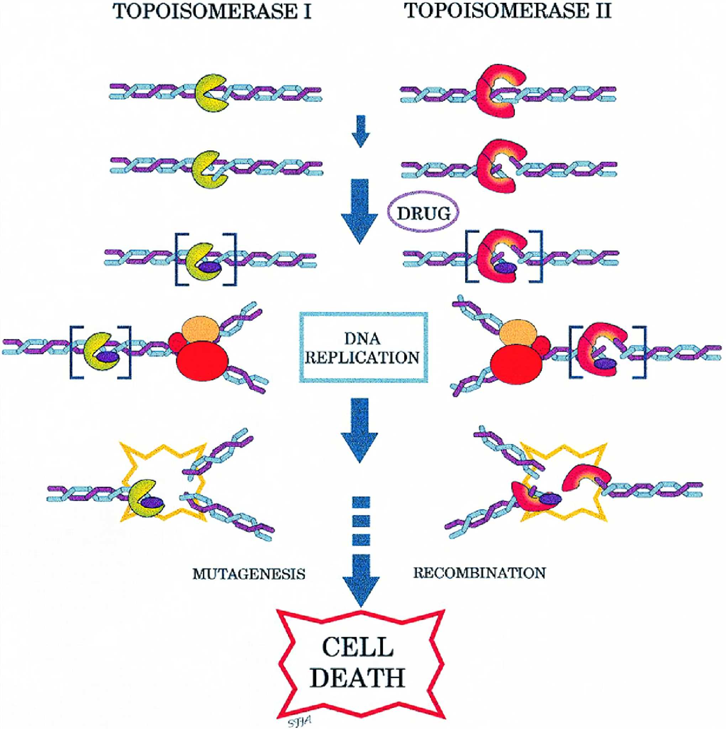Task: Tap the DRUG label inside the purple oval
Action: [x=424, y=214]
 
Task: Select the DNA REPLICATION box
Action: [x=363, y=347]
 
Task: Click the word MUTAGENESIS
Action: [x=249, y=574]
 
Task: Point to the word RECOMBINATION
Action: [x=479, y=573]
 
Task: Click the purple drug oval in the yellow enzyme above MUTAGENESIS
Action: [x=152, y=502]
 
